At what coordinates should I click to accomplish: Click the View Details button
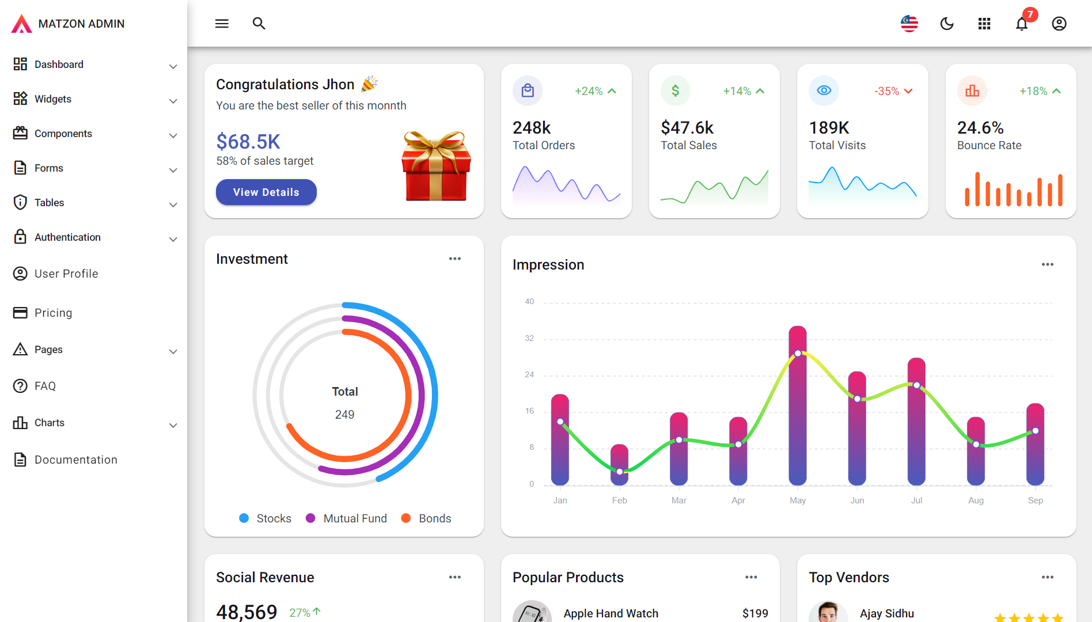[x=266, y=192]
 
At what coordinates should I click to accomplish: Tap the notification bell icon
[x=1022, y=24]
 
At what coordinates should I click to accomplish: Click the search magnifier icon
[x=259, y=24]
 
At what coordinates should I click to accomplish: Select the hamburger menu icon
[x=222, y=24]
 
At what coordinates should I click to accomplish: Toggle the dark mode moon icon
[x=947, y=24]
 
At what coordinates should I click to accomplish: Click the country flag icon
[x=909, y=24]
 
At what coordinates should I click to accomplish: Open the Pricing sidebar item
[x=53, y=313]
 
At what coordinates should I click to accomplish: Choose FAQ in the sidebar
[x=45, y=386]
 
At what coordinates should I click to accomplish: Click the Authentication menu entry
[x=67, y=237]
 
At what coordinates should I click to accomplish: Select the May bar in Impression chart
[x=798, y=405]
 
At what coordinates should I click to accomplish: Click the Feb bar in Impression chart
[x=620, y=464]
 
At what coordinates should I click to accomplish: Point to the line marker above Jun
[x=857, y=399]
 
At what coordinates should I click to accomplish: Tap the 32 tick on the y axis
[x=529, y=338]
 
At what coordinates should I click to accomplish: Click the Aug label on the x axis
[x=976, y=500]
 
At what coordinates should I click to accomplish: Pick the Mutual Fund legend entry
[x=347, y=518]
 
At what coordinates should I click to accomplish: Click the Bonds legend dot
[x=406, y=518]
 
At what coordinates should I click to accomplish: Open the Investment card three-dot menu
[x=455, y=259]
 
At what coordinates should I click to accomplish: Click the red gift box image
[x=437, y=166]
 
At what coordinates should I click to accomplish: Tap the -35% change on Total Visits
[x=886, y=91]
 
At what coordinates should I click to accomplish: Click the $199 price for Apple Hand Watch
[x=755, y=613]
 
